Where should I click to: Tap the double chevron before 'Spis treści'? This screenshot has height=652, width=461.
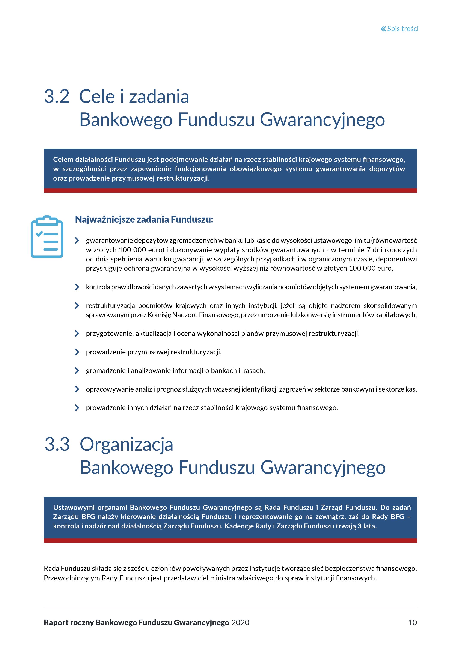[x=383, y=29]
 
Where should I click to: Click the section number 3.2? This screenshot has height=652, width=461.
[x=57, y=97]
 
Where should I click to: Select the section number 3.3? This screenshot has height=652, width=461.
[x=57, y=444]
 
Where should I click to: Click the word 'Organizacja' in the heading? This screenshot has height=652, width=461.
[x=126, y=444]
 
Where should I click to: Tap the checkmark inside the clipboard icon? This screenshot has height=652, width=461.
[x=39, y=234]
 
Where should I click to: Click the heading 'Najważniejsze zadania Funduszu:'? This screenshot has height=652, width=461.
[x=144, y=219]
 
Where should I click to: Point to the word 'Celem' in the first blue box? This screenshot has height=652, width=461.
[x=63, y=160]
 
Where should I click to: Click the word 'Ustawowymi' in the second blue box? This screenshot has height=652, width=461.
[x=73, y=507]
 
